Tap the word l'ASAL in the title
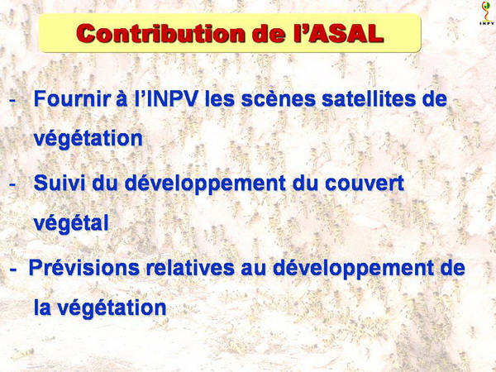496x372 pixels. [338, 33]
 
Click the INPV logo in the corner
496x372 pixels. [486, 13]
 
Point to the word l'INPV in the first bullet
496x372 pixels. [166, 98]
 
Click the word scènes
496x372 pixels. [279, 98]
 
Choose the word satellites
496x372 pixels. [384, 98]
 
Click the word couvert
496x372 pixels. [365, 184]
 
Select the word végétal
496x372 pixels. [71, 224]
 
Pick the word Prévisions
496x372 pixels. [83, 268]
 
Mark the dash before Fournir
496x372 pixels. [12, 101]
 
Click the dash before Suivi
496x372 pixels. [12, 184]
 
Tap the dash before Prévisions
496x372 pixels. [13, 269]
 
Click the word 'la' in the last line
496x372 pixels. [42, 308]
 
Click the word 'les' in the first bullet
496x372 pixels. [220, 98]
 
